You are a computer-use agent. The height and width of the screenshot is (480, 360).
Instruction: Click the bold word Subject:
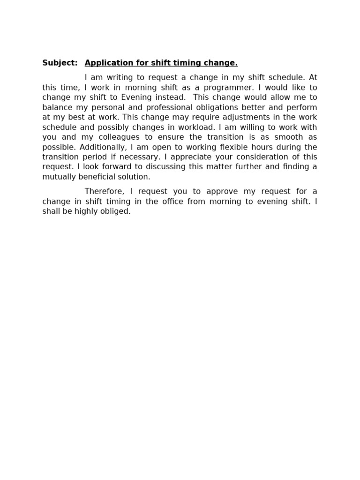click(x=60, y=63)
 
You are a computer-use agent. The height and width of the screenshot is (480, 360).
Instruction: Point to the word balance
click(x=57, y=107)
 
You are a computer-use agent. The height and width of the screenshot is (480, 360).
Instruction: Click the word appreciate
click(x=203, y=157)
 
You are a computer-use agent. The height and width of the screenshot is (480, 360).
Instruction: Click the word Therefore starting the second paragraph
click(x=103, y=191)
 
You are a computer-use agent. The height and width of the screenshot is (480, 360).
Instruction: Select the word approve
click(x=211, y=192)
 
